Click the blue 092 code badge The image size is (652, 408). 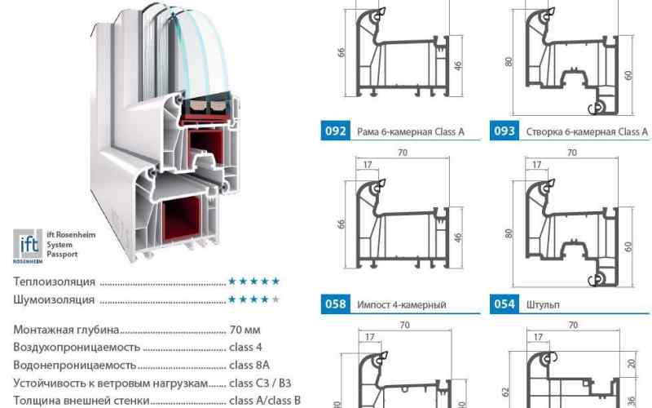335,131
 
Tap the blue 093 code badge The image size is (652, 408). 504,131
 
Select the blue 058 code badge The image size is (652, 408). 335,304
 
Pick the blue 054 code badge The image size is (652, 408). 504,304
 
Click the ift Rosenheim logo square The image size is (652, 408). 28,246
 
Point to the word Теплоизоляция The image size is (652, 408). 55,282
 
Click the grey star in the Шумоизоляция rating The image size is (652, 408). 275,299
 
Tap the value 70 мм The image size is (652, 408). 245,330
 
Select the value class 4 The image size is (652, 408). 245,348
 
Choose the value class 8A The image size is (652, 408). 249,365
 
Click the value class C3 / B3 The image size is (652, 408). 260,383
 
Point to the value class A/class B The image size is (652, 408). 265,401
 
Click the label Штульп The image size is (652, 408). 543,304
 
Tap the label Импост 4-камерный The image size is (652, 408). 402,304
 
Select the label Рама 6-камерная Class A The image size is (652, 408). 411,132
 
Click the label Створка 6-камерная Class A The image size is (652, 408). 587,132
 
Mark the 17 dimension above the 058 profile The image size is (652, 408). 368,165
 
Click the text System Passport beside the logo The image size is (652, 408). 62,250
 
